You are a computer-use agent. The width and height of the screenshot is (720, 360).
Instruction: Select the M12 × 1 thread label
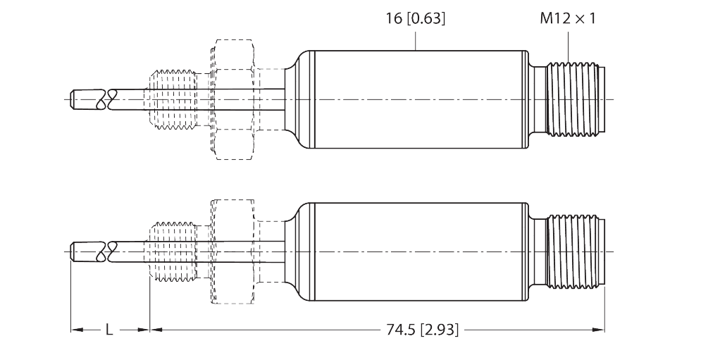(x=567, y=19)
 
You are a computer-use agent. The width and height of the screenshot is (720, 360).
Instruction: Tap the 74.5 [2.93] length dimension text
(x=422, y=330)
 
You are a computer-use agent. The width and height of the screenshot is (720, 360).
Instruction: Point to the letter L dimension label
(x=108, y=330)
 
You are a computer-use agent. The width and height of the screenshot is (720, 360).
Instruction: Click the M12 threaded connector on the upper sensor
(x=571, y=100)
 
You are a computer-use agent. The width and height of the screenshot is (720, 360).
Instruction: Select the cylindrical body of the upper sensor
(x=419, y=100)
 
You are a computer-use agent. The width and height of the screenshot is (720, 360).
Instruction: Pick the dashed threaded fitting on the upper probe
(x=173, y=100)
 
